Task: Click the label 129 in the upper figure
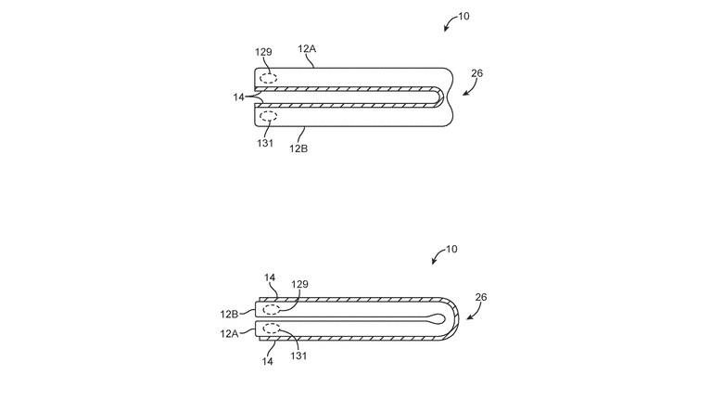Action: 263,52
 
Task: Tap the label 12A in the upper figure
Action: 307,48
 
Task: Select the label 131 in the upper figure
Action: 265,144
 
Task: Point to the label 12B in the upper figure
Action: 298,148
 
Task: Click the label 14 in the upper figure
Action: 238,97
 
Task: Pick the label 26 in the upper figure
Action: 477,73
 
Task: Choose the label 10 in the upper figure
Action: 463,17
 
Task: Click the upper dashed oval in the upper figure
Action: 269,78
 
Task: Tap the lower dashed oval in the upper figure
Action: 269,116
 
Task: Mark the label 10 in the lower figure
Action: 451,250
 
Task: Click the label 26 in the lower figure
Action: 481,297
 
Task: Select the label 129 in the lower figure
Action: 299,284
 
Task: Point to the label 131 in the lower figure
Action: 298,356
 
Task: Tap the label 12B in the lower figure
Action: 230,315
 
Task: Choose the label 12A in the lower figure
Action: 230,334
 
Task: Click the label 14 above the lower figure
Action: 270,277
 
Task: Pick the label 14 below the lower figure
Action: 268,361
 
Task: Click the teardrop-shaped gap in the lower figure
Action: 438,319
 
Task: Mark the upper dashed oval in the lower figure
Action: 272,310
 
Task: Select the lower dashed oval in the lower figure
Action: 272,329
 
